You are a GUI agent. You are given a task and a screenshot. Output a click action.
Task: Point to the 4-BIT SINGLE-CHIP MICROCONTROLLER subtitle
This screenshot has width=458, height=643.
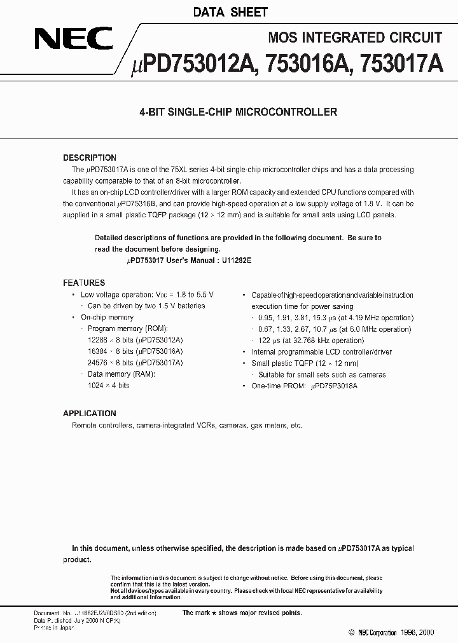coord(238,112)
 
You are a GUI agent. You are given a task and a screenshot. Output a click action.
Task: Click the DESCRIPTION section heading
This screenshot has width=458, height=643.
coord(89,158)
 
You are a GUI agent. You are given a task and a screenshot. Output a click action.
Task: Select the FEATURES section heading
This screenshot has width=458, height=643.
coord(83,283)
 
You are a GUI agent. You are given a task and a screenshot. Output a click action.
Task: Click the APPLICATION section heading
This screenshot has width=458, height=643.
coord(90,414)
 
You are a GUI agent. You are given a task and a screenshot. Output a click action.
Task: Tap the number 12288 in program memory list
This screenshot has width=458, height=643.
coord(98,340)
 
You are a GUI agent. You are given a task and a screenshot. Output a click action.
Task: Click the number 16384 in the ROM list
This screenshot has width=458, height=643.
coord(98,351)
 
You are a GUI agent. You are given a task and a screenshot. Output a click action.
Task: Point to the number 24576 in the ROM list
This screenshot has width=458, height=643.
coord(98,363)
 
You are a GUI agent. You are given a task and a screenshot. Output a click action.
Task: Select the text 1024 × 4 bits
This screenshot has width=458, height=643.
coord(109,386)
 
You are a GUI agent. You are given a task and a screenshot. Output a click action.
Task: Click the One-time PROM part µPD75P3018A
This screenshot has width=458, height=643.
coord(334,386)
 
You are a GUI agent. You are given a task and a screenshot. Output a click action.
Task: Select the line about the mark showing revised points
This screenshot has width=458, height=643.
coord(242,613)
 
